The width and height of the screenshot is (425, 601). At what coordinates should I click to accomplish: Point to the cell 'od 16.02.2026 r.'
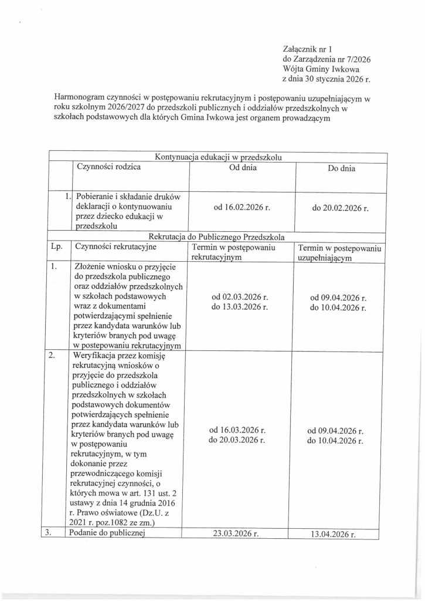point(242,208)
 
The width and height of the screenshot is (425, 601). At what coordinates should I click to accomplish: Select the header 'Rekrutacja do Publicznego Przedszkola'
point(218,237)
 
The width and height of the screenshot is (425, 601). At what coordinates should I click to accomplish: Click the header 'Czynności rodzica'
point(109,167)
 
